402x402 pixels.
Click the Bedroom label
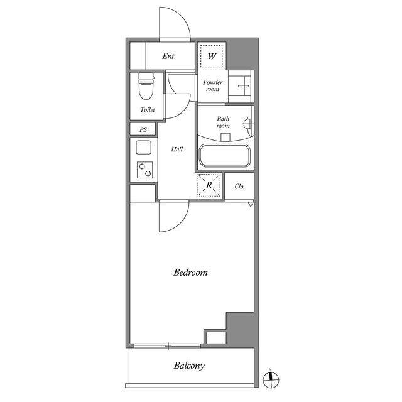coord(190,272)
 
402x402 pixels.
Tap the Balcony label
coord(189,366)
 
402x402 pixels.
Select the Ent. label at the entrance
coord(169,56)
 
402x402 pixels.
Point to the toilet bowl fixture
coord(146,87)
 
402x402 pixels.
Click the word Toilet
coord(148,110)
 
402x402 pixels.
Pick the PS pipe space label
coord(143,129)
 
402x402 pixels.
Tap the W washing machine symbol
coord(212,56)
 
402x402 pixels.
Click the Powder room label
coord(212,85)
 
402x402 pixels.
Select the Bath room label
coord(223,122)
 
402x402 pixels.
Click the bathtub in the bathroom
coord(225,156)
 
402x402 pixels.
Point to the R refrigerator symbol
coord(209,185)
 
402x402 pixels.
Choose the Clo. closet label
coord(240,187)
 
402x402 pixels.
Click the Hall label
coord(177,149)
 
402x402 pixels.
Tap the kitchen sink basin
coord(144,148)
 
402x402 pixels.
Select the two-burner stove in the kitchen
coord(145,170)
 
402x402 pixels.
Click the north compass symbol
coord(271,379)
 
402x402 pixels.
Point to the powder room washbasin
coord(241,86)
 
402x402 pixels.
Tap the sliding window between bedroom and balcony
coord(167,346)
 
